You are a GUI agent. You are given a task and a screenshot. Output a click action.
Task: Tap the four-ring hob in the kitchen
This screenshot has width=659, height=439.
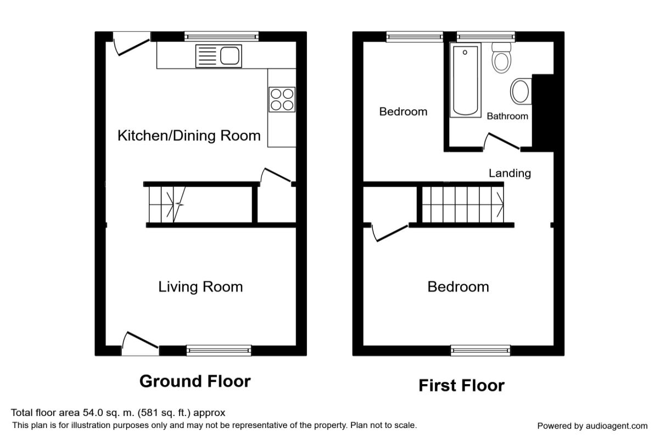pyautogui.click(x=282, y=99)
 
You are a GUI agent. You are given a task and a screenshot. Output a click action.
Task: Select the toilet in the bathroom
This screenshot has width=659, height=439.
pyautogui.click(x=501, y=58)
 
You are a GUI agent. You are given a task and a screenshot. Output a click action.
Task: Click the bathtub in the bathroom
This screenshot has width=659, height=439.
pyautogui.click(x=465, y=80)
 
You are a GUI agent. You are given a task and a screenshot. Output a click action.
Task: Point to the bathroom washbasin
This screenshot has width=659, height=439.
pyautogui.click(x=521, y=91)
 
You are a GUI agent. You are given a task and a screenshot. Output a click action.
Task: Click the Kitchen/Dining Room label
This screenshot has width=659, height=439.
pyautogui.click(x=189, y=136)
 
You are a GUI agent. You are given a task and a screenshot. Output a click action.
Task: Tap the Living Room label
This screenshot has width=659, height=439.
pyautogui.click(x=200, y=287)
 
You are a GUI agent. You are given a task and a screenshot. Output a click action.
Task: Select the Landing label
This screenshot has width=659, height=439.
pyautogui.click(x=510, y=173)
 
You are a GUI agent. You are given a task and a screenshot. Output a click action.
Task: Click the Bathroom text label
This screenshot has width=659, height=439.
pyautogui.click(x=507, y=116)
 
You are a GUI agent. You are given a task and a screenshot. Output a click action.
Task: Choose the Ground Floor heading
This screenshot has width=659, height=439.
pyautogui.click(x=195, y=381)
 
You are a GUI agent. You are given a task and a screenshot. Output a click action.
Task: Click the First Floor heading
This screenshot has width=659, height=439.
pyautogui.click(x=461, y=385)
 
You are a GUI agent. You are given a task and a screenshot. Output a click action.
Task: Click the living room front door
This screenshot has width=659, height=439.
pyautogui.click(x=141, y=344)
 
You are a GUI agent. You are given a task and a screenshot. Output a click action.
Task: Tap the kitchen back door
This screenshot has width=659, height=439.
pyautogui.click(x=131, y=43)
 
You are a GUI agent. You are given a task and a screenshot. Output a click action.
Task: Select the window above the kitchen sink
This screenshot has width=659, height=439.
pyautogui.click(x=221, y=36)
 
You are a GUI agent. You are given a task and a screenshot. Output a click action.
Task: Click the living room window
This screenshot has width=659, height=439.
pyautogui.click(x=219, y=351)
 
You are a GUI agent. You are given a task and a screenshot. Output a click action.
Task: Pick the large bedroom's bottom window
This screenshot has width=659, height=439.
pyautogui.click(x=481, y=351)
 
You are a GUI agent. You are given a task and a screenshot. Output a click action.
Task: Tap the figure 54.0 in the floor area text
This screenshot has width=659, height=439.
pyautogui.click(x=93, y=413)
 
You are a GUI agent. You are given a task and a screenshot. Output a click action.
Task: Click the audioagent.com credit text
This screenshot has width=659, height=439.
pyautogui.click(x=592, y=426)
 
